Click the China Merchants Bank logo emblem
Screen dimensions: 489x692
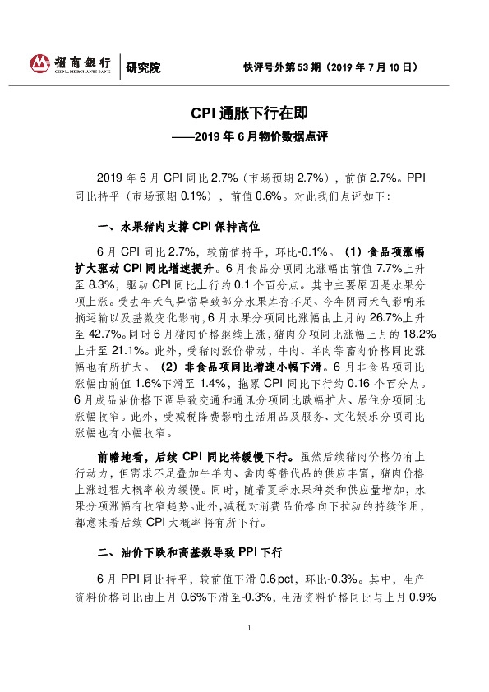pos(39,64)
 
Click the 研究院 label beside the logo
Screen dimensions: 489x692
pos(144,67)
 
